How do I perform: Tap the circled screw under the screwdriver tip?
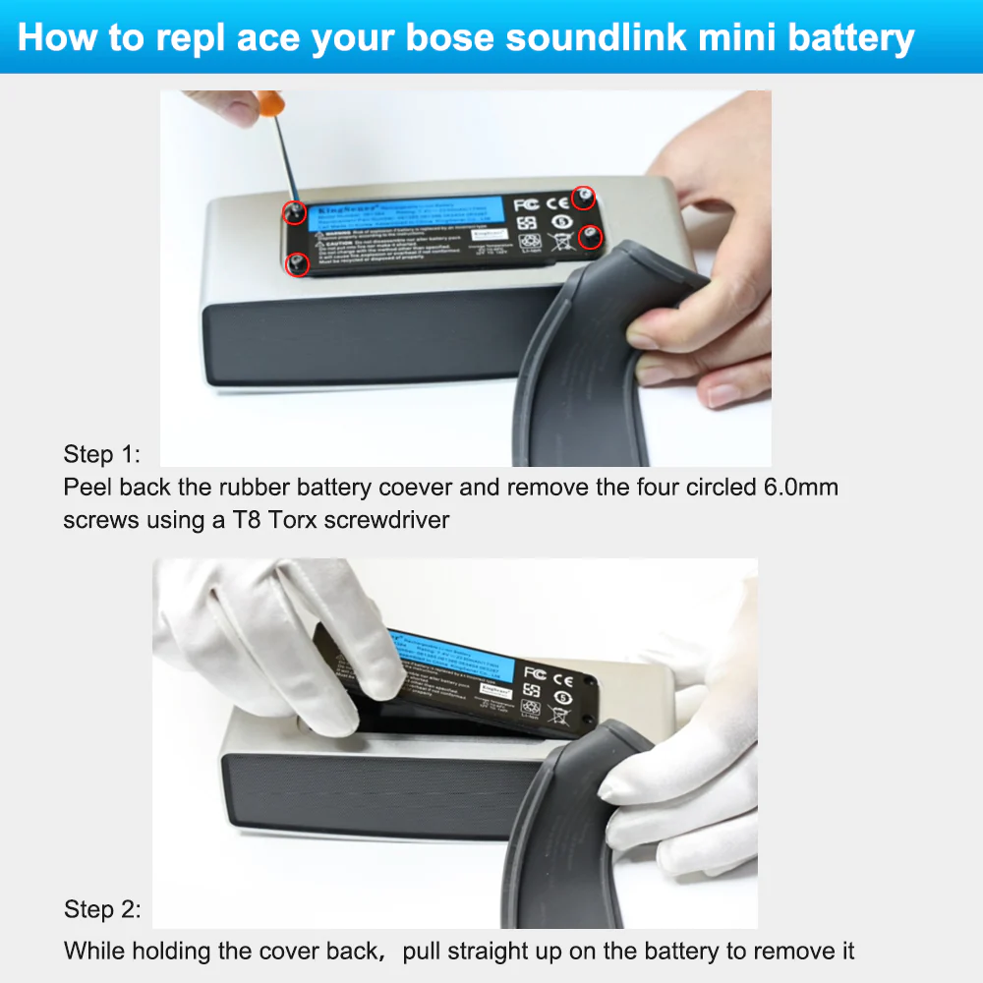click(x=292, y=211)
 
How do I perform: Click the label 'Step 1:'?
click(x=102, y=454)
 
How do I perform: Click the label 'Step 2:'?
click(x=102, y=909)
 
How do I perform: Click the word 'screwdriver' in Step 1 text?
click(x=392, y=520)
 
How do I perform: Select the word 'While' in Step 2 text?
click(x=92, y=952)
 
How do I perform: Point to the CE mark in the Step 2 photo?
click(x=563, y=677)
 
